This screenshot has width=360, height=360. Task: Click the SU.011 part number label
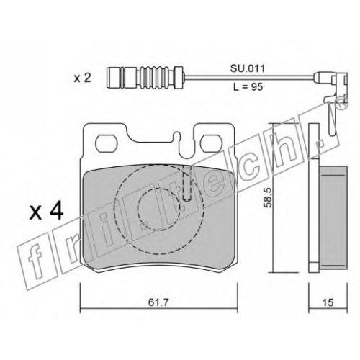click(x=248, y=68)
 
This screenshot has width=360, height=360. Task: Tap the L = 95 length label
click(x=248, y=86)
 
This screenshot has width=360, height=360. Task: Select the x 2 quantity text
click(x=83, y=78)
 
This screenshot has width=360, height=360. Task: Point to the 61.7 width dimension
click(x=158, y=302)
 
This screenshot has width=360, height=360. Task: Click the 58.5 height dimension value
click(x=268, y=197)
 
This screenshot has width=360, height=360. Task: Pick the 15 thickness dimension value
click(x=328, y=302)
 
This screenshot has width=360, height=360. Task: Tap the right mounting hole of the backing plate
click(x=212, y=143)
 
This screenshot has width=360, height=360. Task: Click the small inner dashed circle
click(x=158, y=210)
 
